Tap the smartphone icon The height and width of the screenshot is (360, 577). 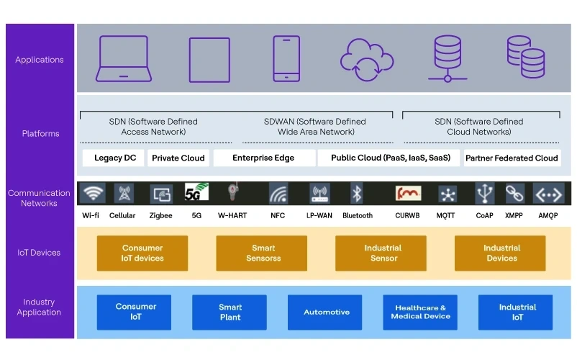(286, 59)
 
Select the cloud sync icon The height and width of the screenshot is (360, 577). (366, 59)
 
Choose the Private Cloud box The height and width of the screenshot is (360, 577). (178, 158)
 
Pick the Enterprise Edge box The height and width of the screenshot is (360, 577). (263, 158)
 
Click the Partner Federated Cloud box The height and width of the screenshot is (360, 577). (512, 158)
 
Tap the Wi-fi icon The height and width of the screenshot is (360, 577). (91, 193)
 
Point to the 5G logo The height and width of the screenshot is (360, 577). (196, 192)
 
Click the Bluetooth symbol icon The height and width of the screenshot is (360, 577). (356, 193)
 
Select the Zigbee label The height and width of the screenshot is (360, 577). (160, 215)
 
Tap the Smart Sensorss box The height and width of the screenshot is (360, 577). (263, 253)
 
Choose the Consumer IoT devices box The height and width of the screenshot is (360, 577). (142, 253)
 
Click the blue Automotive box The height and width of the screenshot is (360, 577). (326, 312)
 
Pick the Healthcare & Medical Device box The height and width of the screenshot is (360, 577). (421, 312)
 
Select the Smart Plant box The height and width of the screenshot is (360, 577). (230, 312)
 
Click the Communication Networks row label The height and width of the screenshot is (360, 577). (39, 198)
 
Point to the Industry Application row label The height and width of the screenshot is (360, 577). (39, 307)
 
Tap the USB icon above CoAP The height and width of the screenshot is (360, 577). (485, 193)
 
